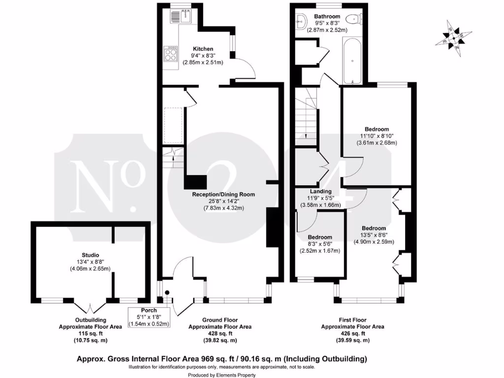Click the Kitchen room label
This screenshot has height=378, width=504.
click(203, 49)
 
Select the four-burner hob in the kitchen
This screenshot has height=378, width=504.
click(171, 54)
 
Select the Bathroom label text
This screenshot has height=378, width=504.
click(327, 16)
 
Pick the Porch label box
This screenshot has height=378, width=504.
click(149, 317)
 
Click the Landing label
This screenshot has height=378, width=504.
click(320, 191)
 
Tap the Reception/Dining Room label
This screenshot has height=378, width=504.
click(223, 194)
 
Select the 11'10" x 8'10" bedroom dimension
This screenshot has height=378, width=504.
click(377, 136)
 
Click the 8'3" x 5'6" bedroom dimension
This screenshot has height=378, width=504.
click(320, 244)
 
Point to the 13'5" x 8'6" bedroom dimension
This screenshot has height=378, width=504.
click(374, 235)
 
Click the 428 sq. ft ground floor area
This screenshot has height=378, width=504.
click(220, 333)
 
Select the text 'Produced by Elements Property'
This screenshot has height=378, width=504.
click(222, 375)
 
